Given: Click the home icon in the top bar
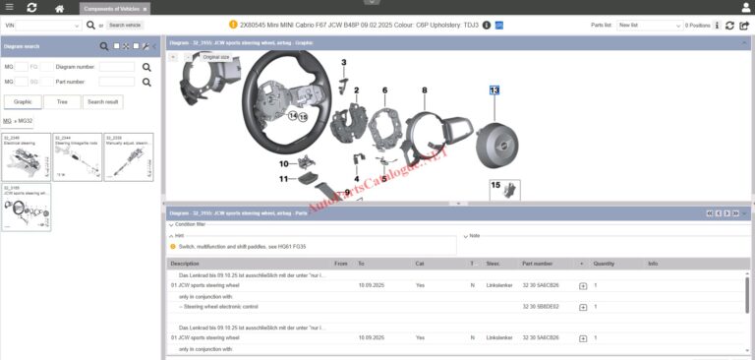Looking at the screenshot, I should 60,8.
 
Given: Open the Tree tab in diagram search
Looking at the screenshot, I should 63,101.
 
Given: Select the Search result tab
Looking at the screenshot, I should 103,101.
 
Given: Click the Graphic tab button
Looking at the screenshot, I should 22,101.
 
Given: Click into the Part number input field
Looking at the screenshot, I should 117,82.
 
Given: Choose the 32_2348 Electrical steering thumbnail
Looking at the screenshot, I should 26,156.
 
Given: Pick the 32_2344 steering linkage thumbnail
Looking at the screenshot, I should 77,156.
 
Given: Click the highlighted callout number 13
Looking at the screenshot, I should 494,90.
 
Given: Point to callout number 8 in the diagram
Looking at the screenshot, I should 425,90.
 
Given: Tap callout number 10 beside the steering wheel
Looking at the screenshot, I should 284,163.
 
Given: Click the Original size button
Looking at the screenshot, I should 216,57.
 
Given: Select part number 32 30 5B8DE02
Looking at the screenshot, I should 540,307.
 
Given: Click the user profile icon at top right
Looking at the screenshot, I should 744,8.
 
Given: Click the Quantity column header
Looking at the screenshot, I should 604,264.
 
